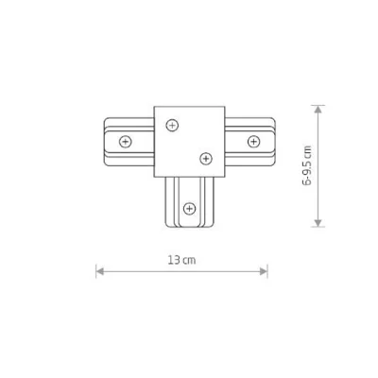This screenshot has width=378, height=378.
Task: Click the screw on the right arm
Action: [x=252, y=141]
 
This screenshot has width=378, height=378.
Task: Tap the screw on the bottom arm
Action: [x=189, y=206]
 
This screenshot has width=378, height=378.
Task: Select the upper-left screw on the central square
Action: [x=170, y=124]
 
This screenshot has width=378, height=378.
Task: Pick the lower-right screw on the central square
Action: [x=205, y=156]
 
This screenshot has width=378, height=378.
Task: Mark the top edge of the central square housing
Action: [x=188, y=108]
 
